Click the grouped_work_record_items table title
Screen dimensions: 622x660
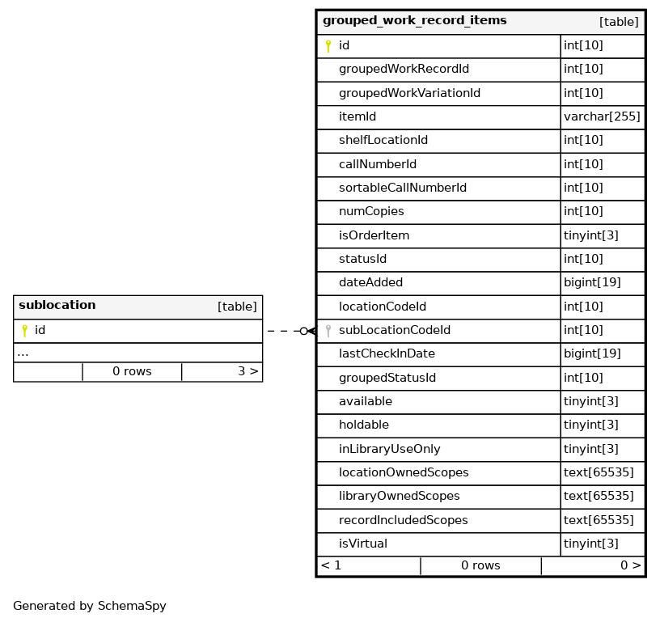coord(414,21)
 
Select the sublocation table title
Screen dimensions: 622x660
coord(57,306)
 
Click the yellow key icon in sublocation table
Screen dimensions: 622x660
coord(24,331)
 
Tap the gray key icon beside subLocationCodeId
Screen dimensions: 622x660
coord(328,331)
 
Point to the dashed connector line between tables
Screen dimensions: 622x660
coord(283,331)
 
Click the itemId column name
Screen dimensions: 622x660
coord(357,117)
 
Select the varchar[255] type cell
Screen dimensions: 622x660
coord(602,117)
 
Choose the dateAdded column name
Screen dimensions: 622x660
coord(370,283)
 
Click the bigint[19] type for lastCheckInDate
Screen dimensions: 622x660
coord(592,354)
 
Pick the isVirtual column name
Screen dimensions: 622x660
coord(362,544)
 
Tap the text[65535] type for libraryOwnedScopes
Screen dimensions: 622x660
coord(599,497)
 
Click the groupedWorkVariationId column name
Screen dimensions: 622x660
coord(409,94)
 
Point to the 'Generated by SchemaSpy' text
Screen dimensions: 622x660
coord(89,607)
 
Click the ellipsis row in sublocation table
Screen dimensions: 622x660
coord(23,353)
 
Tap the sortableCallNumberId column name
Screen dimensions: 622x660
coord(402,188)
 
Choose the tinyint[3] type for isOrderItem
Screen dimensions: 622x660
coord(590,236)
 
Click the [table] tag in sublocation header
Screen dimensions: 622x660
coord(237,307)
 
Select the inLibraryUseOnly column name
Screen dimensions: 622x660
coord(389,450)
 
